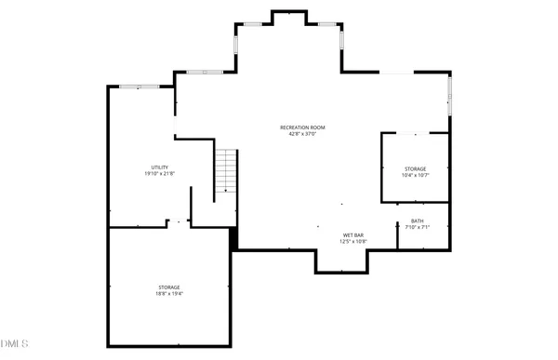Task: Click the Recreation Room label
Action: tap(302, 127)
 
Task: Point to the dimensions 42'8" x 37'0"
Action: tap(302, 134)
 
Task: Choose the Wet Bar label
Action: tap(352, 234)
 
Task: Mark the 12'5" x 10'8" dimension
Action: tap(352, 241)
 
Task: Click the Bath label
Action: tap(417, 220)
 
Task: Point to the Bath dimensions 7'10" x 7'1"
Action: tap(417, 227)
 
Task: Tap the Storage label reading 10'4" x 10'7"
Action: tap(415, 168)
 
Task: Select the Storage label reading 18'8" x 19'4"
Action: tap(168, 287)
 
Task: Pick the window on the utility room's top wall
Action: tap(139, 87)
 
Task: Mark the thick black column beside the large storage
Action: tap(234, 240)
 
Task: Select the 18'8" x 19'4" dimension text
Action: tap(168, 294)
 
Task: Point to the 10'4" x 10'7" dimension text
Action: tap(415, 175)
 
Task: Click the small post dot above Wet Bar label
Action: tap(341, 204)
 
